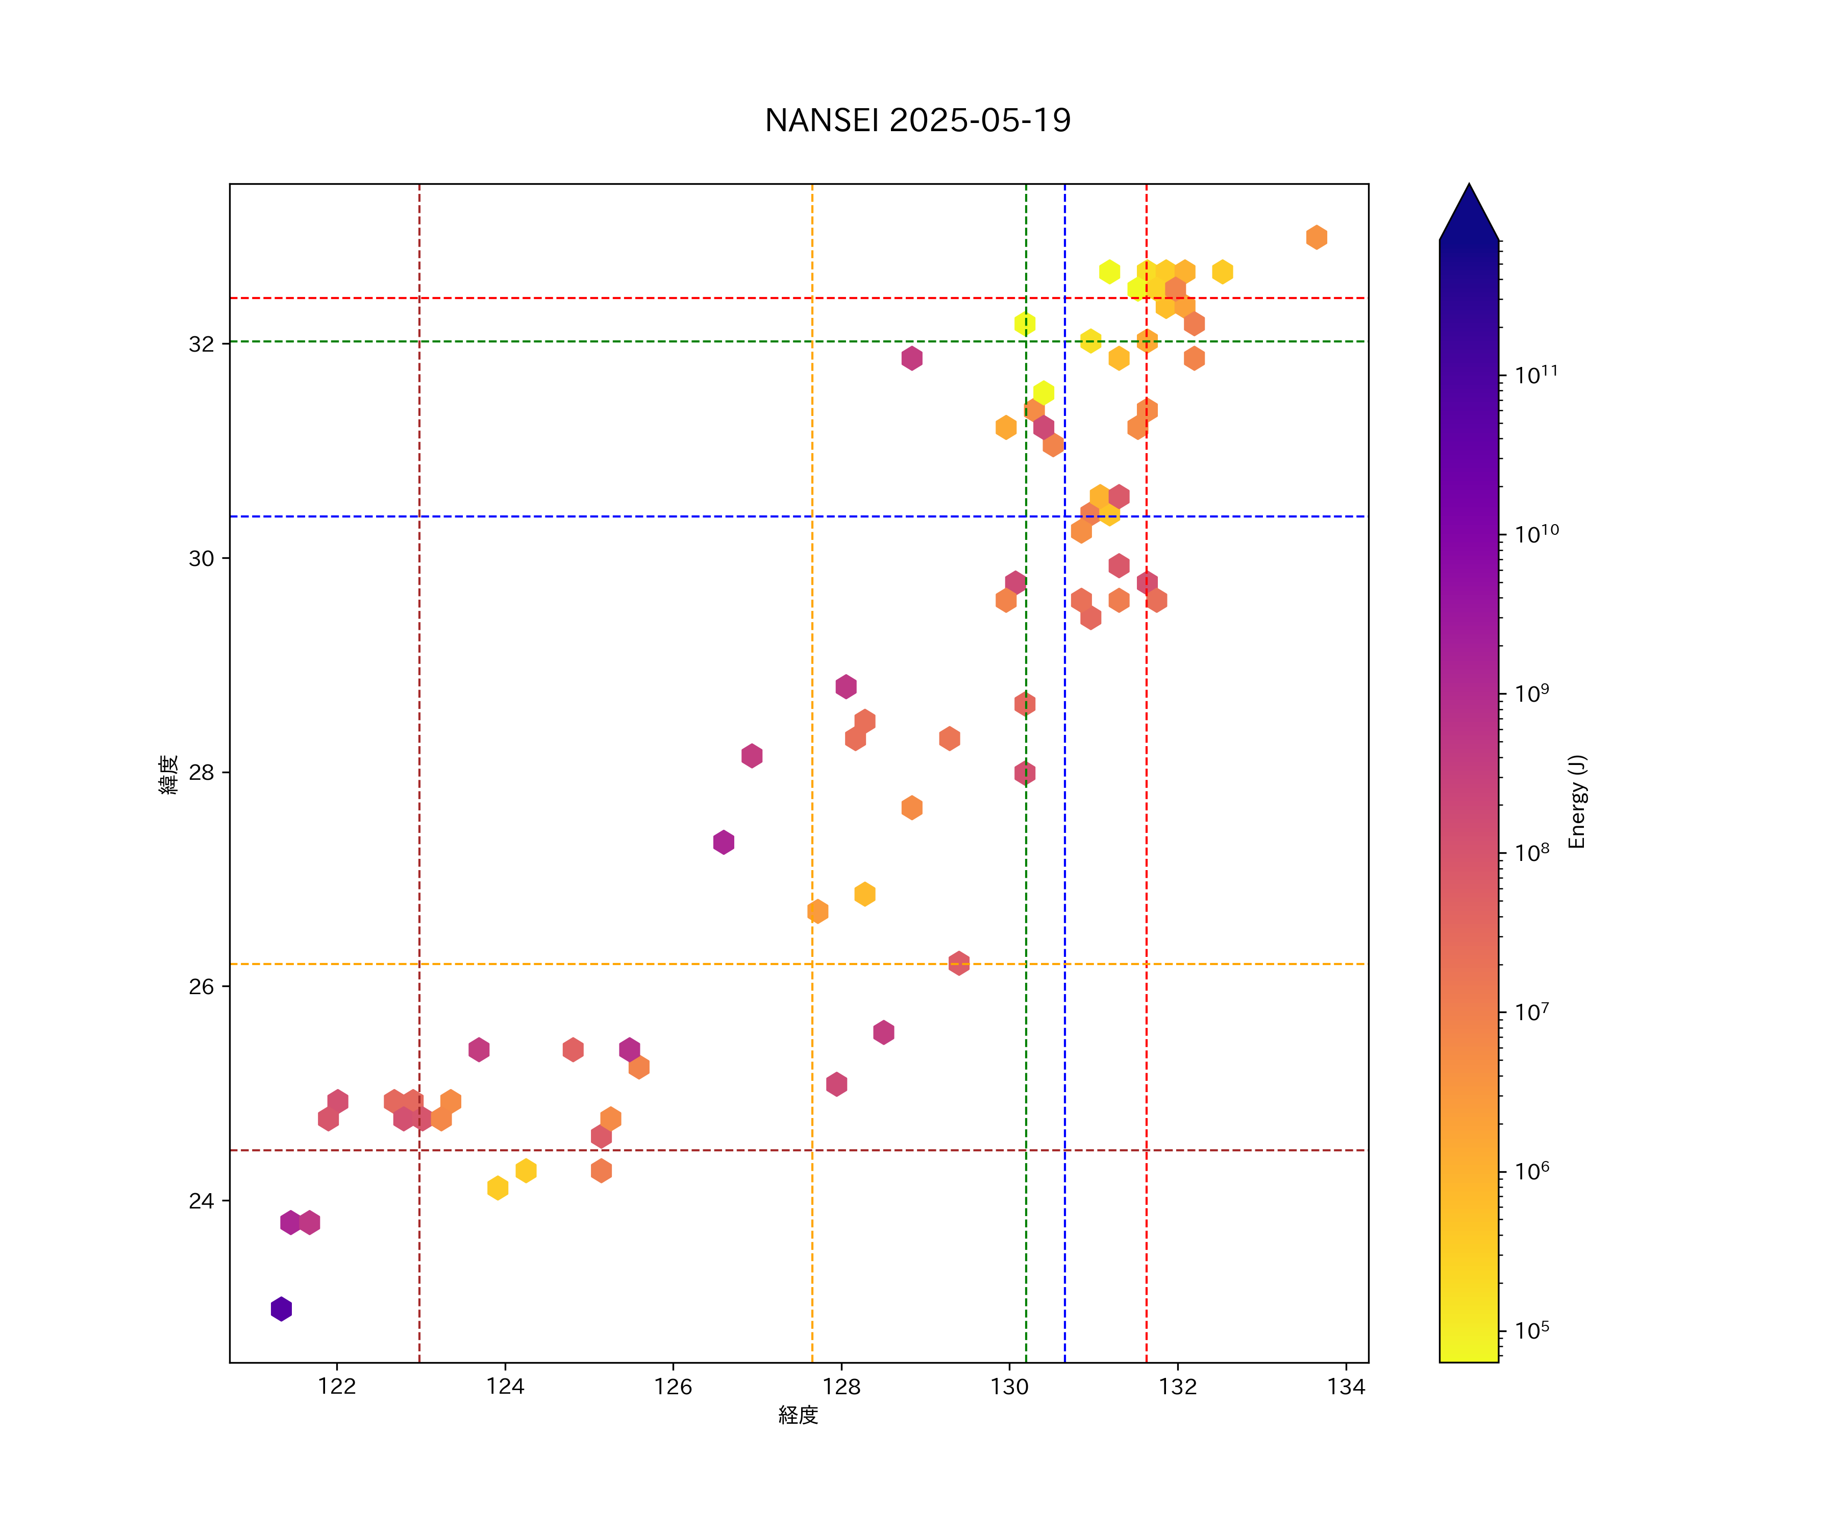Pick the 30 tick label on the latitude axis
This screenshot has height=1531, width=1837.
(201, 558)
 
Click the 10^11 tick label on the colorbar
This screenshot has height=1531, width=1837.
(1537, 375)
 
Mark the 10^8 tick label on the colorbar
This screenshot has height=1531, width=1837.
(1532, 852)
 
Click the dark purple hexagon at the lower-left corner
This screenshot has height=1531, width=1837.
(281, 1309)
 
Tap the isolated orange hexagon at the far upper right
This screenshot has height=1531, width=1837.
(1317, 237)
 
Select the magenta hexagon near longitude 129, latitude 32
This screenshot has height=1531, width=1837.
(911, 358)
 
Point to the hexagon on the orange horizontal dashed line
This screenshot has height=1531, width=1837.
(959, 963)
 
